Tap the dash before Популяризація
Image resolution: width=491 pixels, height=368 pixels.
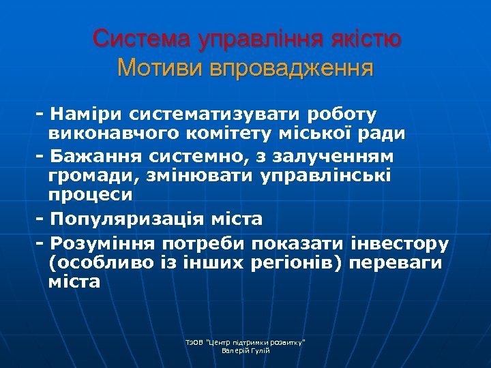point(40,219)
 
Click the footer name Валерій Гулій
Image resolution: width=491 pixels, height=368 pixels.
point(246,350)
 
